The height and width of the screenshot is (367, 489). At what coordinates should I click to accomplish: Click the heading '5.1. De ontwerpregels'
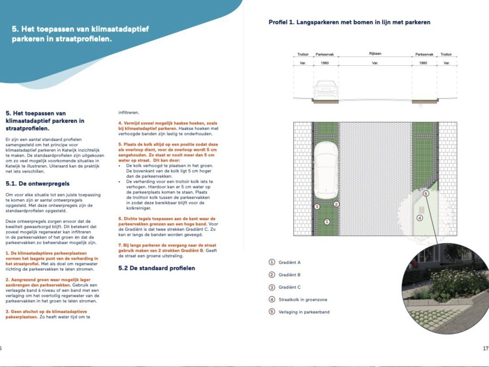coord(37,183)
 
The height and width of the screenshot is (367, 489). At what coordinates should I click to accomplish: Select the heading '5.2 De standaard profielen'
coord(157,268)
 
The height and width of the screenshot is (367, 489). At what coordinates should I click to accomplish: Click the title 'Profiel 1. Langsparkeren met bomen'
coord(349,22)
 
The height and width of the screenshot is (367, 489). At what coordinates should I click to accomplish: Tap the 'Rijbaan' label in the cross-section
coord(375,54)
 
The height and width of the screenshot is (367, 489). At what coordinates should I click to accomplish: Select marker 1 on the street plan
coord(327,222)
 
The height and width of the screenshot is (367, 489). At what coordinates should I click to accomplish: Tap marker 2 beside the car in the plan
coord(336,204)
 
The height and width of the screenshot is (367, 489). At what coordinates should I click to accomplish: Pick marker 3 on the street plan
coord(317,206)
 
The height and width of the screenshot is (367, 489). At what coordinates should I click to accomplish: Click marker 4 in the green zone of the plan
coord(419,218)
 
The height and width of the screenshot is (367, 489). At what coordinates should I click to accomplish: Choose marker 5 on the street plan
coord(426,194)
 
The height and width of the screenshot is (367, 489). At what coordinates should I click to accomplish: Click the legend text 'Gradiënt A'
coord(289,262)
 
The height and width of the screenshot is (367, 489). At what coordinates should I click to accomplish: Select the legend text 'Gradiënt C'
coord(289,287)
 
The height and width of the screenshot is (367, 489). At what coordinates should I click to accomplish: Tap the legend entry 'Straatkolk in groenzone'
coord(303,300)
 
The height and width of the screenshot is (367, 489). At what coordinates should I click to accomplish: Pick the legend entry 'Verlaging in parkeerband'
coord(304,312)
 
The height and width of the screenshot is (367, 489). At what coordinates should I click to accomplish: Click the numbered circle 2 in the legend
coord(272,275)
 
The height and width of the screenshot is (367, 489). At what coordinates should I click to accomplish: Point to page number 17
coord(485,348)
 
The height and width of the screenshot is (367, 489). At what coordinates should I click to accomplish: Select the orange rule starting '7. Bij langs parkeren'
coord(168,247)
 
